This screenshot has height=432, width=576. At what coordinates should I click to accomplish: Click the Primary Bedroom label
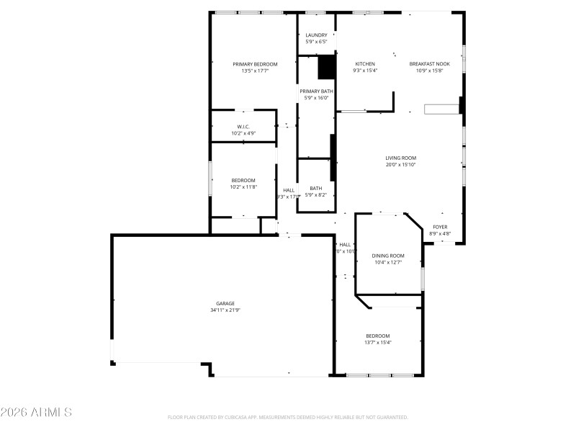(254, 64)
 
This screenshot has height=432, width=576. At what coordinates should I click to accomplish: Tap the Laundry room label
(316, 35)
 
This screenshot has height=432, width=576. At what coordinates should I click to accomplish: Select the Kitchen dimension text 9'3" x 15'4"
(365, 71)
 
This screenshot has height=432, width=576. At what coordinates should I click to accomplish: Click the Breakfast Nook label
(430, 64)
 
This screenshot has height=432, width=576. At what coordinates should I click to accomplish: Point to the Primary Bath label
(316, 91)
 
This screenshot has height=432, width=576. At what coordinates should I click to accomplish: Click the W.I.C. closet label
(243, 127)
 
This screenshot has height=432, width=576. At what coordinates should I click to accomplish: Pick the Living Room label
(400, 158)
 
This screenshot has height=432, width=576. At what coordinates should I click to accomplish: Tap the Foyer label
(439, 227)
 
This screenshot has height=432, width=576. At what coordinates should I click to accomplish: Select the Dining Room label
(387, 256)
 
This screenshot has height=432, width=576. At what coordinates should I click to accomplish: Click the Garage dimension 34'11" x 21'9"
(225, 310)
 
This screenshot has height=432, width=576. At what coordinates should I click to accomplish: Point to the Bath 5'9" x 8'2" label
(316, 188)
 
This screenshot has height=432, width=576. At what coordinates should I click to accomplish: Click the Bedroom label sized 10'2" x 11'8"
(243, 180)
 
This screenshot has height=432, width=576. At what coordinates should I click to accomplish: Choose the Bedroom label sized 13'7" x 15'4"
(377, 336)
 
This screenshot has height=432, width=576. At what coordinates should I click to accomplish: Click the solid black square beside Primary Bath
(327, 67)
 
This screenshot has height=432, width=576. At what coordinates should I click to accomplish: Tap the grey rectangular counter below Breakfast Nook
(441, 109)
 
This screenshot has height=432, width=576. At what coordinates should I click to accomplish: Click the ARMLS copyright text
(36, 413)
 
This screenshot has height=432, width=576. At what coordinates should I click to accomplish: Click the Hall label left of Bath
(288, 191)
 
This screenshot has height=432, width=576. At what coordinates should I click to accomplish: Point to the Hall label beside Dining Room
(345, 245)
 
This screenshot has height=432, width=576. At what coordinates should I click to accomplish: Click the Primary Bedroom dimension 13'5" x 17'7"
(254, 71)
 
